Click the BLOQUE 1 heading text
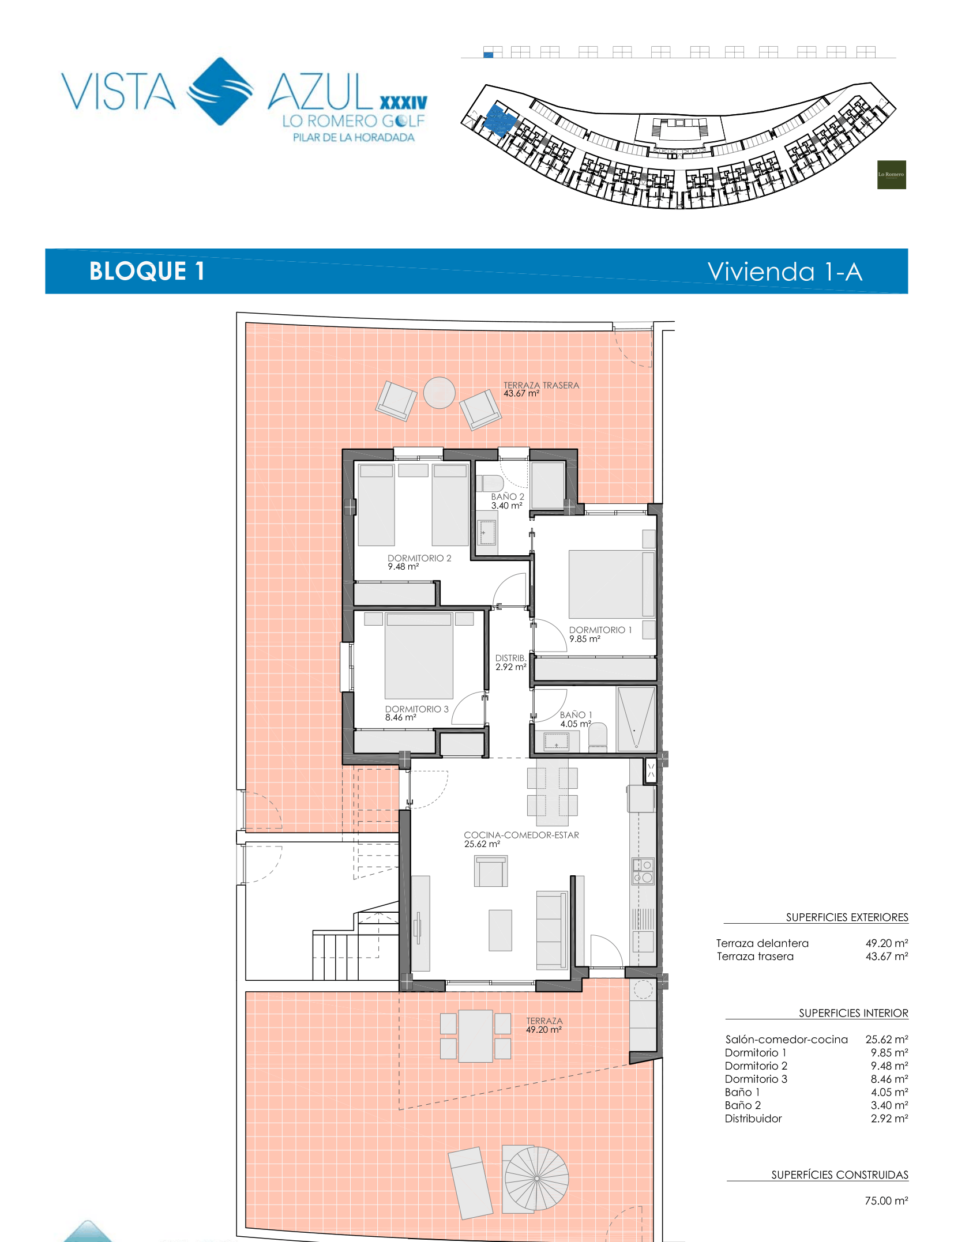147,271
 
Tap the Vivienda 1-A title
785,272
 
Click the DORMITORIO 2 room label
419,558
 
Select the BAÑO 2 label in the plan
508,496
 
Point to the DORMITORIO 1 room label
600,630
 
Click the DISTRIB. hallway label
511,658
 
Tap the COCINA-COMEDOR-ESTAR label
521,835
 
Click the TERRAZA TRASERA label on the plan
541,385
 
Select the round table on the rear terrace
440,393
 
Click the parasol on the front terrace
536,1178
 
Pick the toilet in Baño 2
490,483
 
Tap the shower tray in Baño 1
636,719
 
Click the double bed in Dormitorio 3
419,656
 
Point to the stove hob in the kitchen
643,871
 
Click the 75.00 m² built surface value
887,1201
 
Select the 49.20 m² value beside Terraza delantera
887,943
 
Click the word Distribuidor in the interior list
753,1119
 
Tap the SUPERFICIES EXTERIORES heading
847,917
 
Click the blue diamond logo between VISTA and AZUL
220,91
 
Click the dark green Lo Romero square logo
891,175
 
